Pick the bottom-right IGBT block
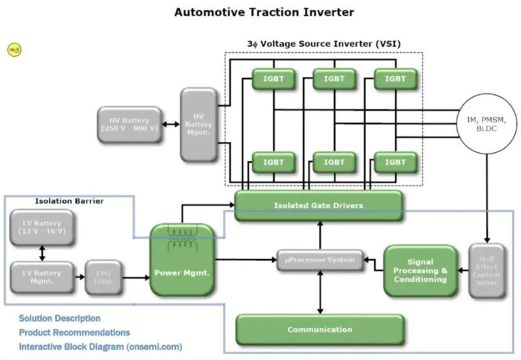(395, 161)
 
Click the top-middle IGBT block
(334, 79)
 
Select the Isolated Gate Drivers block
(318, 206)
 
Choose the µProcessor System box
(318, 260)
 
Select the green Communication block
(319, 329)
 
